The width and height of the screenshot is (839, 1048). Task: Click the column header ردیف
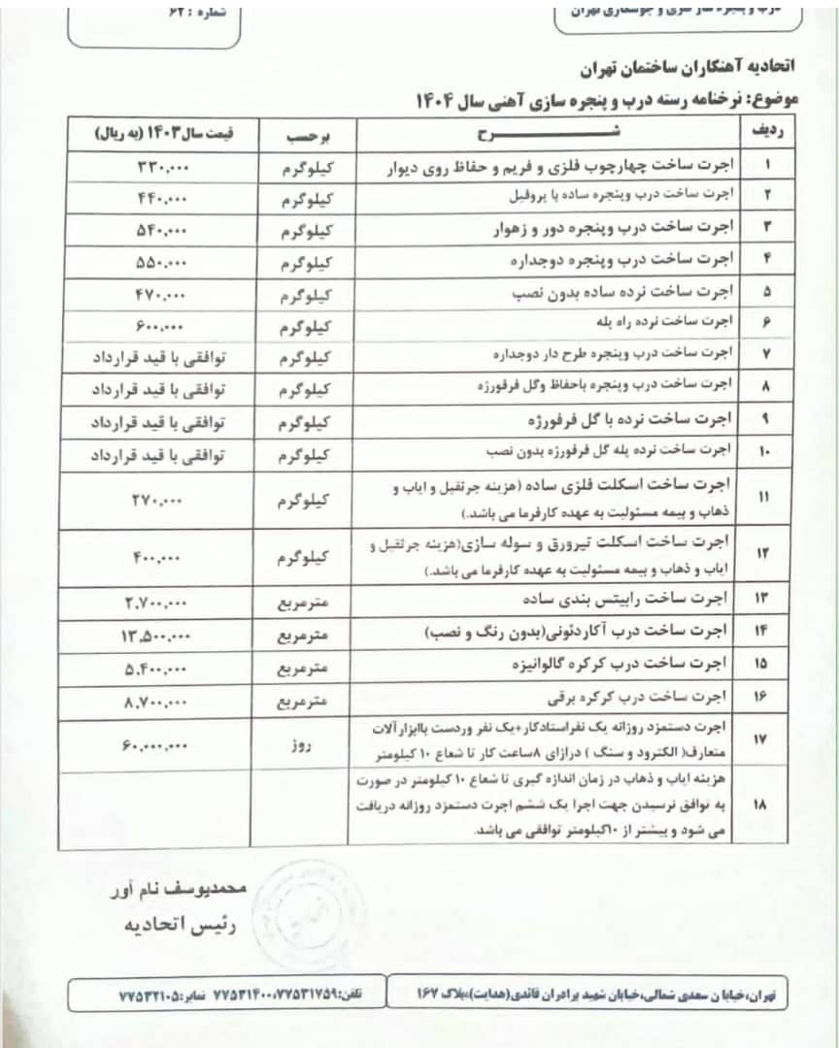tap(768, 132)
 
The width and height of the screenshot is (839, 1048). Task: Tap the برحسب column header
tap(303, 132)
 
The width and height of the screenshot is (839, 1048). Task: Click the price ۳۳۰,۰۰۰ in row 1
tap(163, 166)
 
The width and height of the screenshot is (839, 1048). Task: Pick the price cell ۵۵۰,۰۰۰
tap(163, 262)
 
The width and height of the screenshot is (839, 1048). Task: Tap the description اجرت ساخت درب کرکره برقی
tap(645, 701)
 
